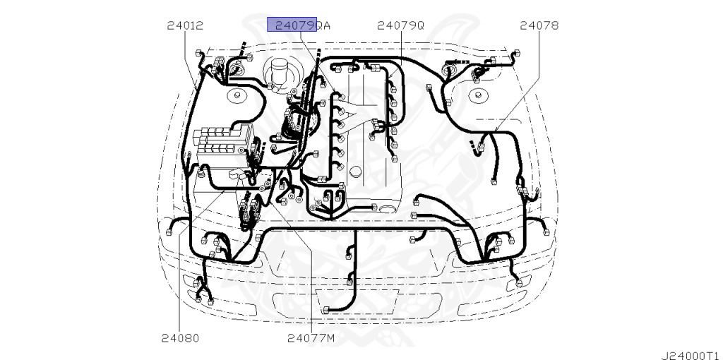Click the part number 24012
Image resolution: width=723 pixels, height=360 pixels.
pos(185,25)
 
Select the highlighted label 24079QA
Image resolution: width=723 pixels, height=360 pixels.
pos(303,25)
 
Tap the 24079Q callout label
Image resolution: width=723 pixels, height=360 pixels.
pos(400,25)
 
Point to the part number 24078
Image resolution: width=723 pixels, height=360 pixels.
pos(539,25)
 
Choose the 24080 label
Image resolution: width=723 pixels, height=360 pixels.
pos(180,338)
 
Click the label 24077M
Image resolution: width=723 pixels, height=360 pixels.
pos(311,338)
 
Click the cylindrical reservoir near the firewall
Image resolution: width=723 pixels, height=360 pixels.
pos(279,71)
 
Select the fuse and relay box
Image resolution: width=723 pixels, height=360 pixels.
pos(222,142)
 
